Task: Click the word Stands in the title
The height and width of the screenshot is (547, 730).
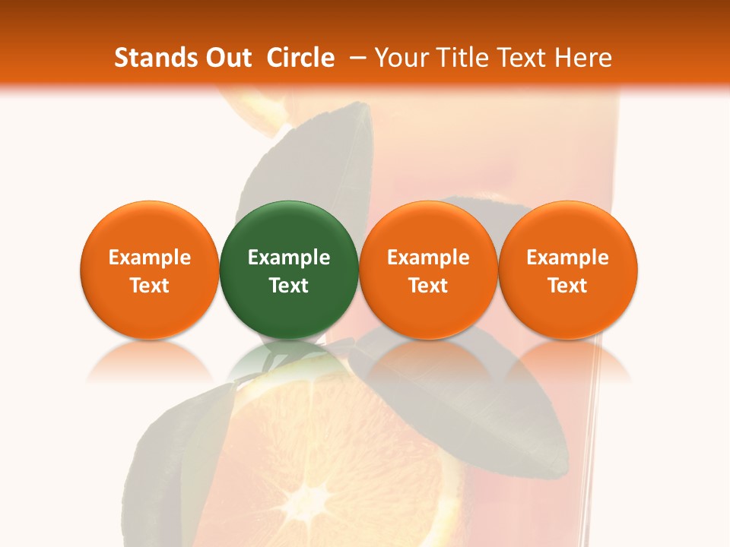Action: pos(154,58)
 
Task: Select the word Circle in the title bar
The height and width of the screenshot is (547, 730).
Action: pos(300,58)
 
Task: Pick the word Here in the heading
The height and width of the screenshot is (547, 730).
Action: pos(584,58)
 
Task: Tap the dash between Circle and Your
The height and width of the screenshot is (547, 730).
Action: pos(354,58)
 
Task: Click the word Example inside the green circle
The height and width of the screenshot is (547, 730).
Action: pos(289,258)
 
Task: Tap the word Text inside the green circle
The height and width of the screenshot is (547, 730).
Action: pos(289,286)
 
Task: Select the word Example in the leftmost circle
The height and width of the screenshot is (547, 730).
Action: pos(150,258)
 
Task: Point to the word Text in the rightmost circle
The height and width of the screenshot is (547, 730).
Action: pos(568,286)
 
